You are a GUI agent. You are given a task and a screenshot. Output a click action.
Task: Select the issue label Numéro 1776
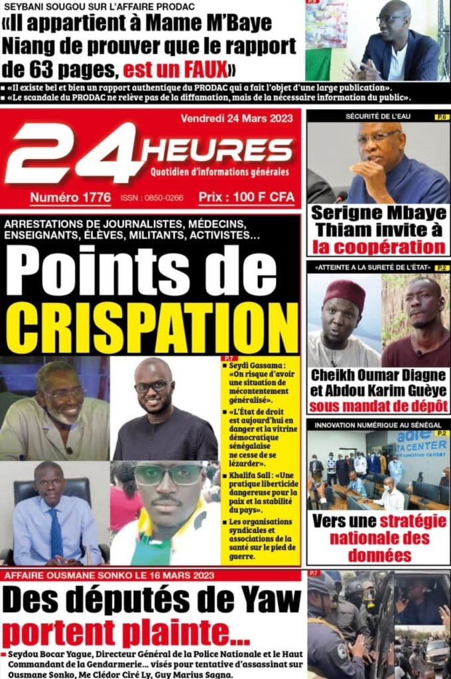tap(70, 198)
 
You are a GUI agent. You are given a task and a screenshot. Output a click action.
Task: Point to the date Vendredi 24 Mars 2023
tap(237, 120)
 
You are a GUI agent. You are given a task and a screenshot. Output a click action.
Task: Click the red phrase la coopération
tap(379, 247)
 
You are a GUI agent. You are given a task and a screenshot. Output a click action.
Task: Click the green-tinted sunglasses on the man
tap(167, 475)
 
